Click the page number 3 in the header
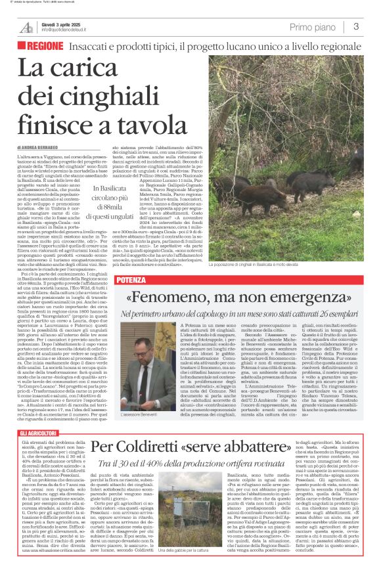coord(355,27)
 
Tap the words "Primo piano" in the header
coord(314,27)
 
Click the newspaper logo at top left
coord(26,27)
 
